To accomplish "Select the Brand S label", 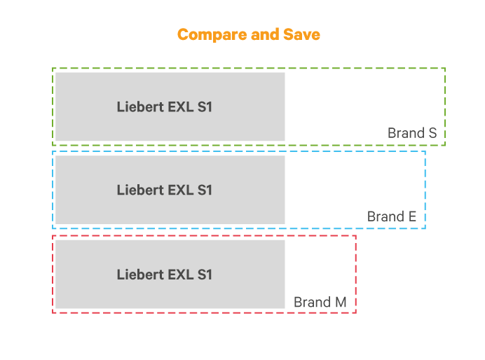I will tap(412, 133).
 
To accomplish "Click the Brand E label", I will tap(392, 216).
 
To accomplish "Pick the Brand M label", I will tap(320, 302).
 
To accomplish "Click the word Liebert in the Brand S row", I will tap(137, 107).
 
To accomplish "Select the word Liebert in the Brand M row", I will tap(137, 275).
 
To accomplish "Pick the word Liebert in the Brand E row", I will tap(137, 190).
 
